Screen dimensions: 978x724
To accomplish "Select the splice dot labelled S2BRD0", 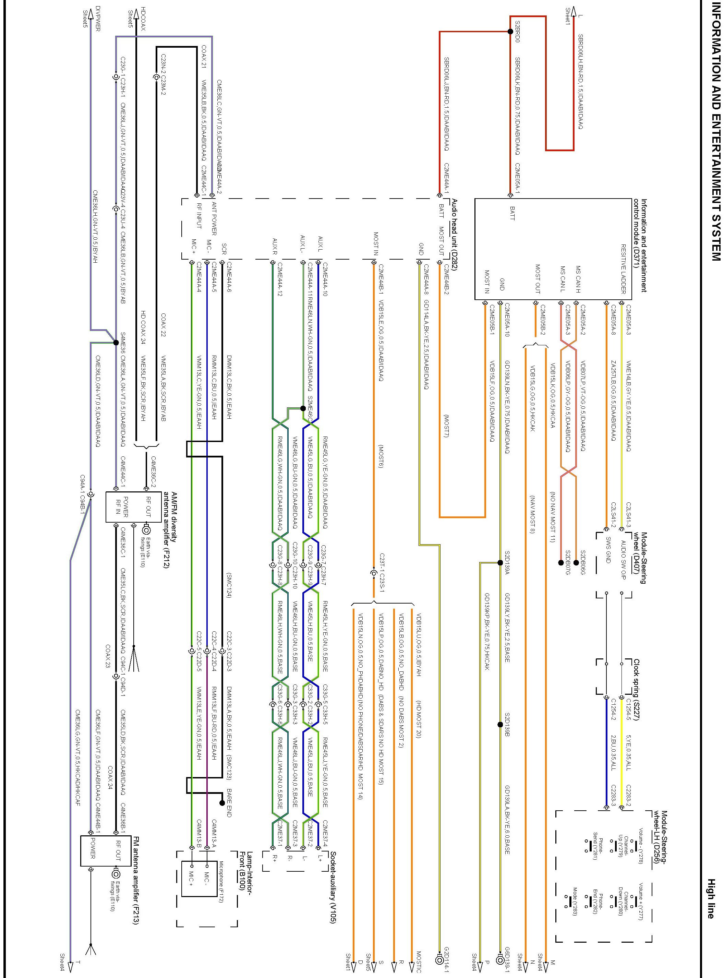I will point(510,32).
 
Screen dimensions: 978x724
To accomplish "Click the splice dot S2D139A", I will point(500,562).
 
